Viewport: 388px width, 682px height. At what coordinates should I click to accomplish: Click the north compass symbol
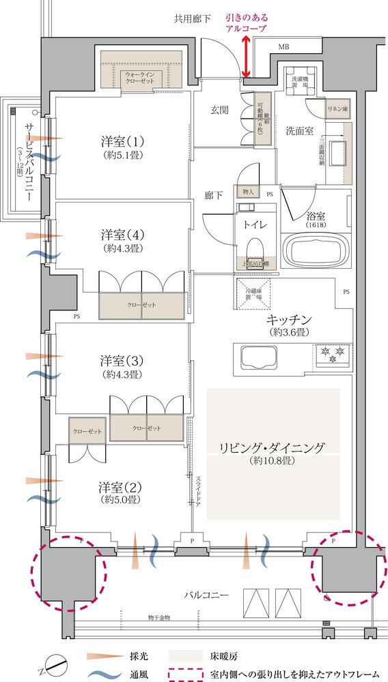(x=55, y=662)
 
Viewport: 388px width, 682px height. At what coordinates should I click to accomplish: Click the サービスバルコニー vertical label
(x=28, y=162)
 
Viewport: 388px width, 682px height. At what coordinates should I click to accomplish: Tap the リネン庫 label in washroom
(x=337, y=108)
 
